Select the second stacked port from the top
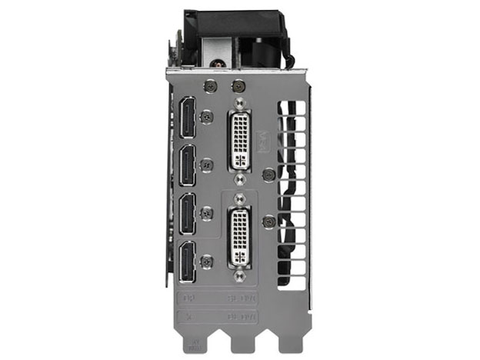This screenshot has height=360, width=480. [x=187, y=165]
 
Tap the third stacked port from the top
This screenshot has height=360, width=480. [x=187, y=213]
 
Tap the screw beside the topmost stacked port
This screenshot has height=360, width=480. [x=205, y=117]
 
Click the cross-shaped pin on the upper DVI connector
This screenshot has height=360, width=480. [x=240, y=162]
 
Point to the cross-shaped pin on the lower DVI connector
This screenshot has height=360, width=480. [x=240, y=257]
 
